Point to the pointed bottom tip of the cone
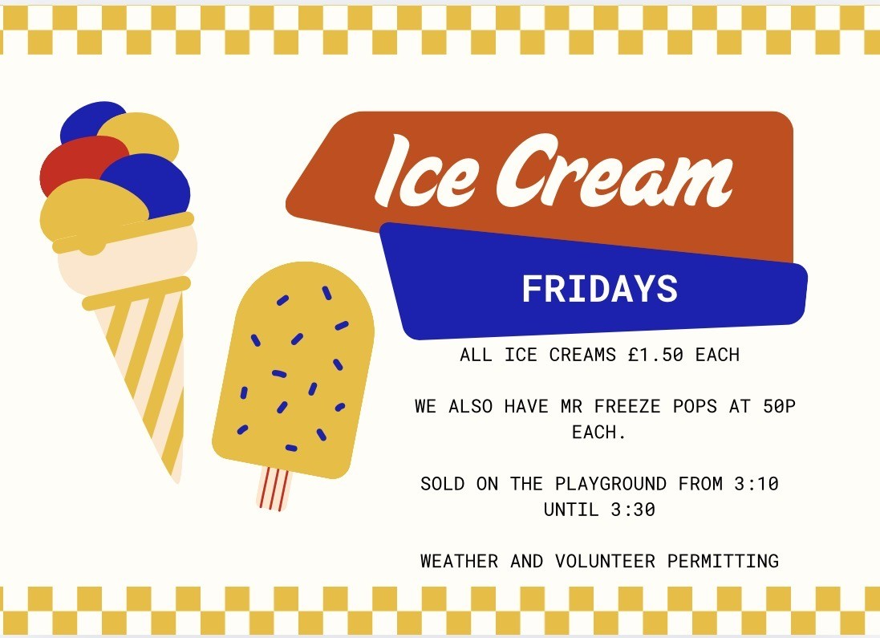point(177,481)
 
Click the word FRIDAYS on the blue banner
point(600,289)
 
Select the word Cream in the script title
point(614,170)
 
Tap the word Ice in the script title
point(427,171)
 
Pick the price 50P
point(779,406)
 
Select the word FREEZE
point(627,406)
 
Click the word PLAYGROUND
point(610,484)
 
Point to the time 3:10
point(756,484)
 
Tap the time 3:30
point(633,510)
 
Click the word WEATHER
point(459,561)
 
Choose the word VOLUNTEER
point(605,561)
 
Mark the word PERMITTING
point(723,561)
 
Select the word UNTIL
point(571,510)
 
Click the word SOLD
point(442,484)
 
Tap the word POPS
point(695,406)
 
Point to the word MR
point(571,406)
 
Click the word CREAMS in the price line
point(582,355)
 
